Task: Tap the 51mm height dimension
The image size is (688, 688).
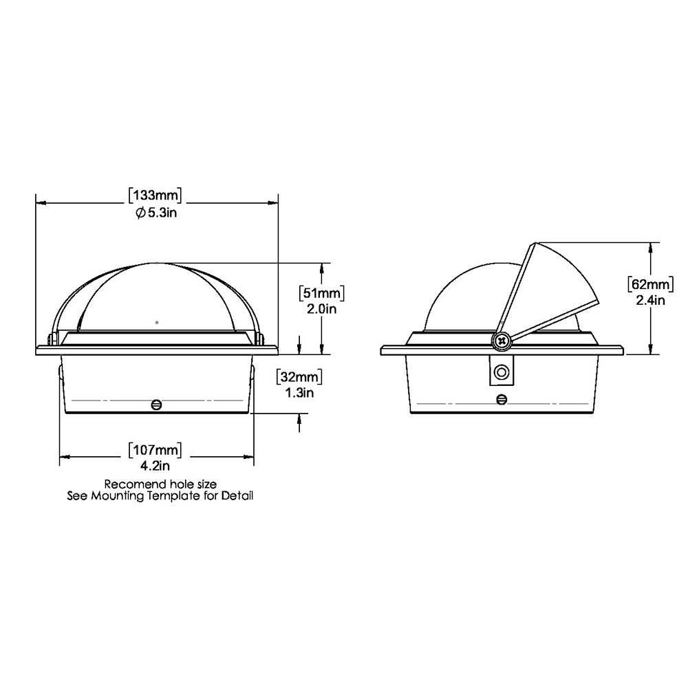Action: tap(321, 292)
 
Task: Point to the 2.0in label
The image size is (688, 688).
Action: tap(321, 309)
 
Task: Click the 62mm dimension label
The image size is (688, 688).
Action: tap(650, 283)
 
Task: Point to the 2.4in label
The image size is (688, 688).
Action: tap(651, 300)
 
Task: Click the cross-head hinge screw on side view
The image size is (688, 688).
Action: tap(502, 340)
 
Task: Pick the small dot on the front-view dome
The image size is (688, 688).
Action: tap(158, 321)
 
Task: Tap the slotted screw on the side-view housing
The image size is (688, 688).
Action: tap(502, 399)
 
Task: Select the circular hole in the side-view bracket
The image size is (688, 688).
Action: tap(502, 372)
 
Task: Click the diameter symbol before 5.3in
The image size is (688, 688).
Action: tap(140, 213)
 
